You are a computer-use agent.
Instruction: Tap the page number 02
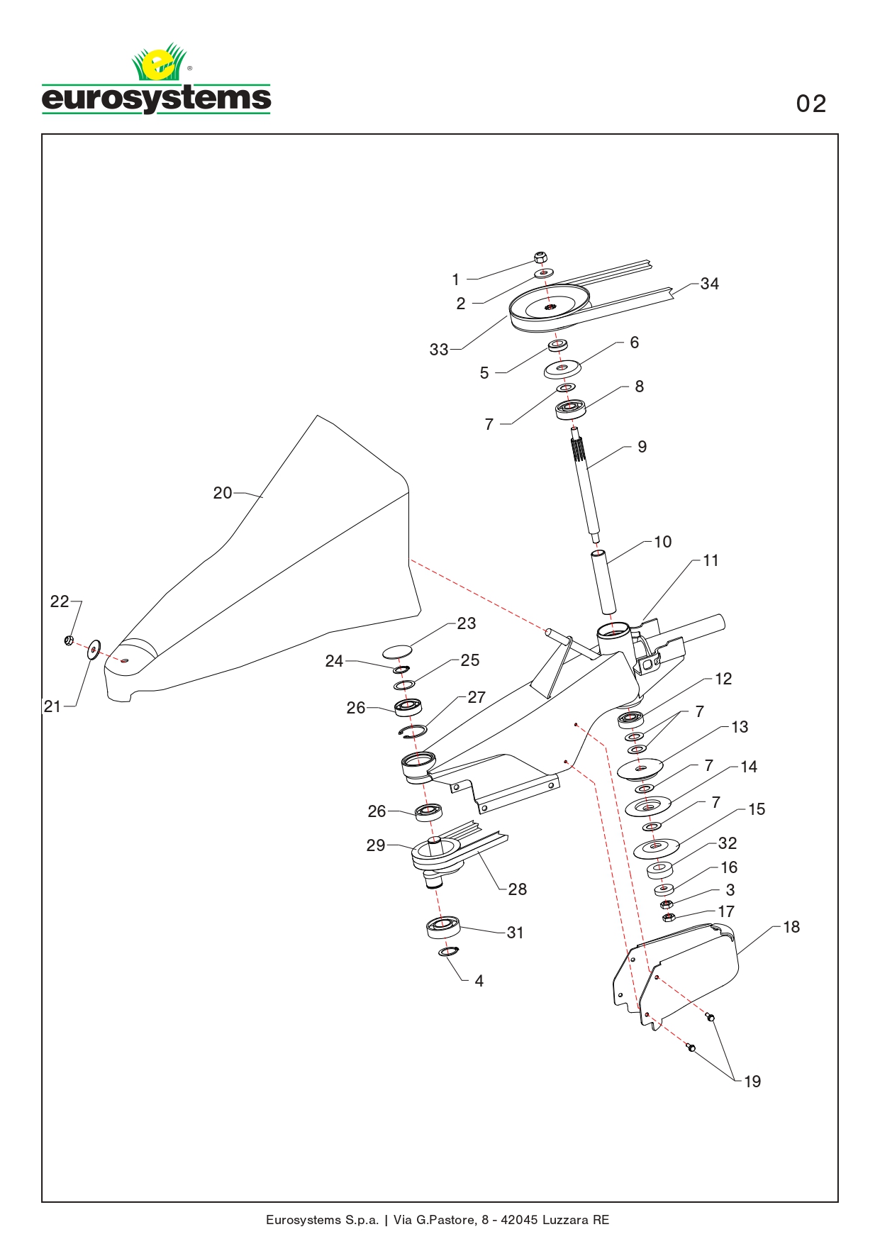point(811,104)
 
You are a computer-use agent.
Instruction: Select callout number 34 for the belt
point(709,284)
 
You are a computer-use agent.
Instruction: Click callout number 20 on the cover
point(222,493)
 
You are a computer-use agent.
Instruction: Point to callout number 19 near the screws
point(752,1082)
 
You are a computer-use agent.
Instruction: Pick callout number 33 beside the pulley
point(439,350)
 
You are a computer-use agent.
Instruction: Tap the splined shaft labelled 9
point(586,482)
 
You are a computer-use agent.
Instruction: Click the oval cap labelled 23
point(398,650)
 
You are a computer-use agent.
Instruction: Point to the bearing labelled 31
point(444,927)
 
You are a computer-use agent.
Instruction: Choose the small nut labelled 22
point(69,641)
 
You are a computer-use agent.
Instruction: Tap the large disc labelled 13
point(640,769)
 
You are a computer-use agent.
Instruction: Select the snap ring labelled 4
point(449,951)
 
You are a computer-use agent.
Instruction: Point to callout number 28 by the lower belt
point(518,889)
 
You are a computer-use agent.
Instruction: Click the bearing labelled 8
point(570,409)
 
